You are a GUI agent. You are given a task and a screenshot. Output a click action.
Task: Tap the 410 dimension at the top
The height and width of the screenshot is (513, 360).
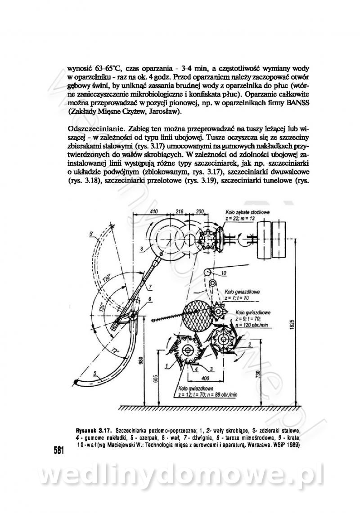point(154,211)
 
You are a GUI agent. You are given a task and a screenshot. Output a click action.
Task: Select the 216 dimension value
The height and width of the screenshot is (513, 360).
point(179,211)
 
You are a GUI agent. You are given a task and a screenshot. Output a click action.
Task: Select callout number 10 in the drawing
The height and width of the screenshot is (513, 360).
point(224,273)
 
